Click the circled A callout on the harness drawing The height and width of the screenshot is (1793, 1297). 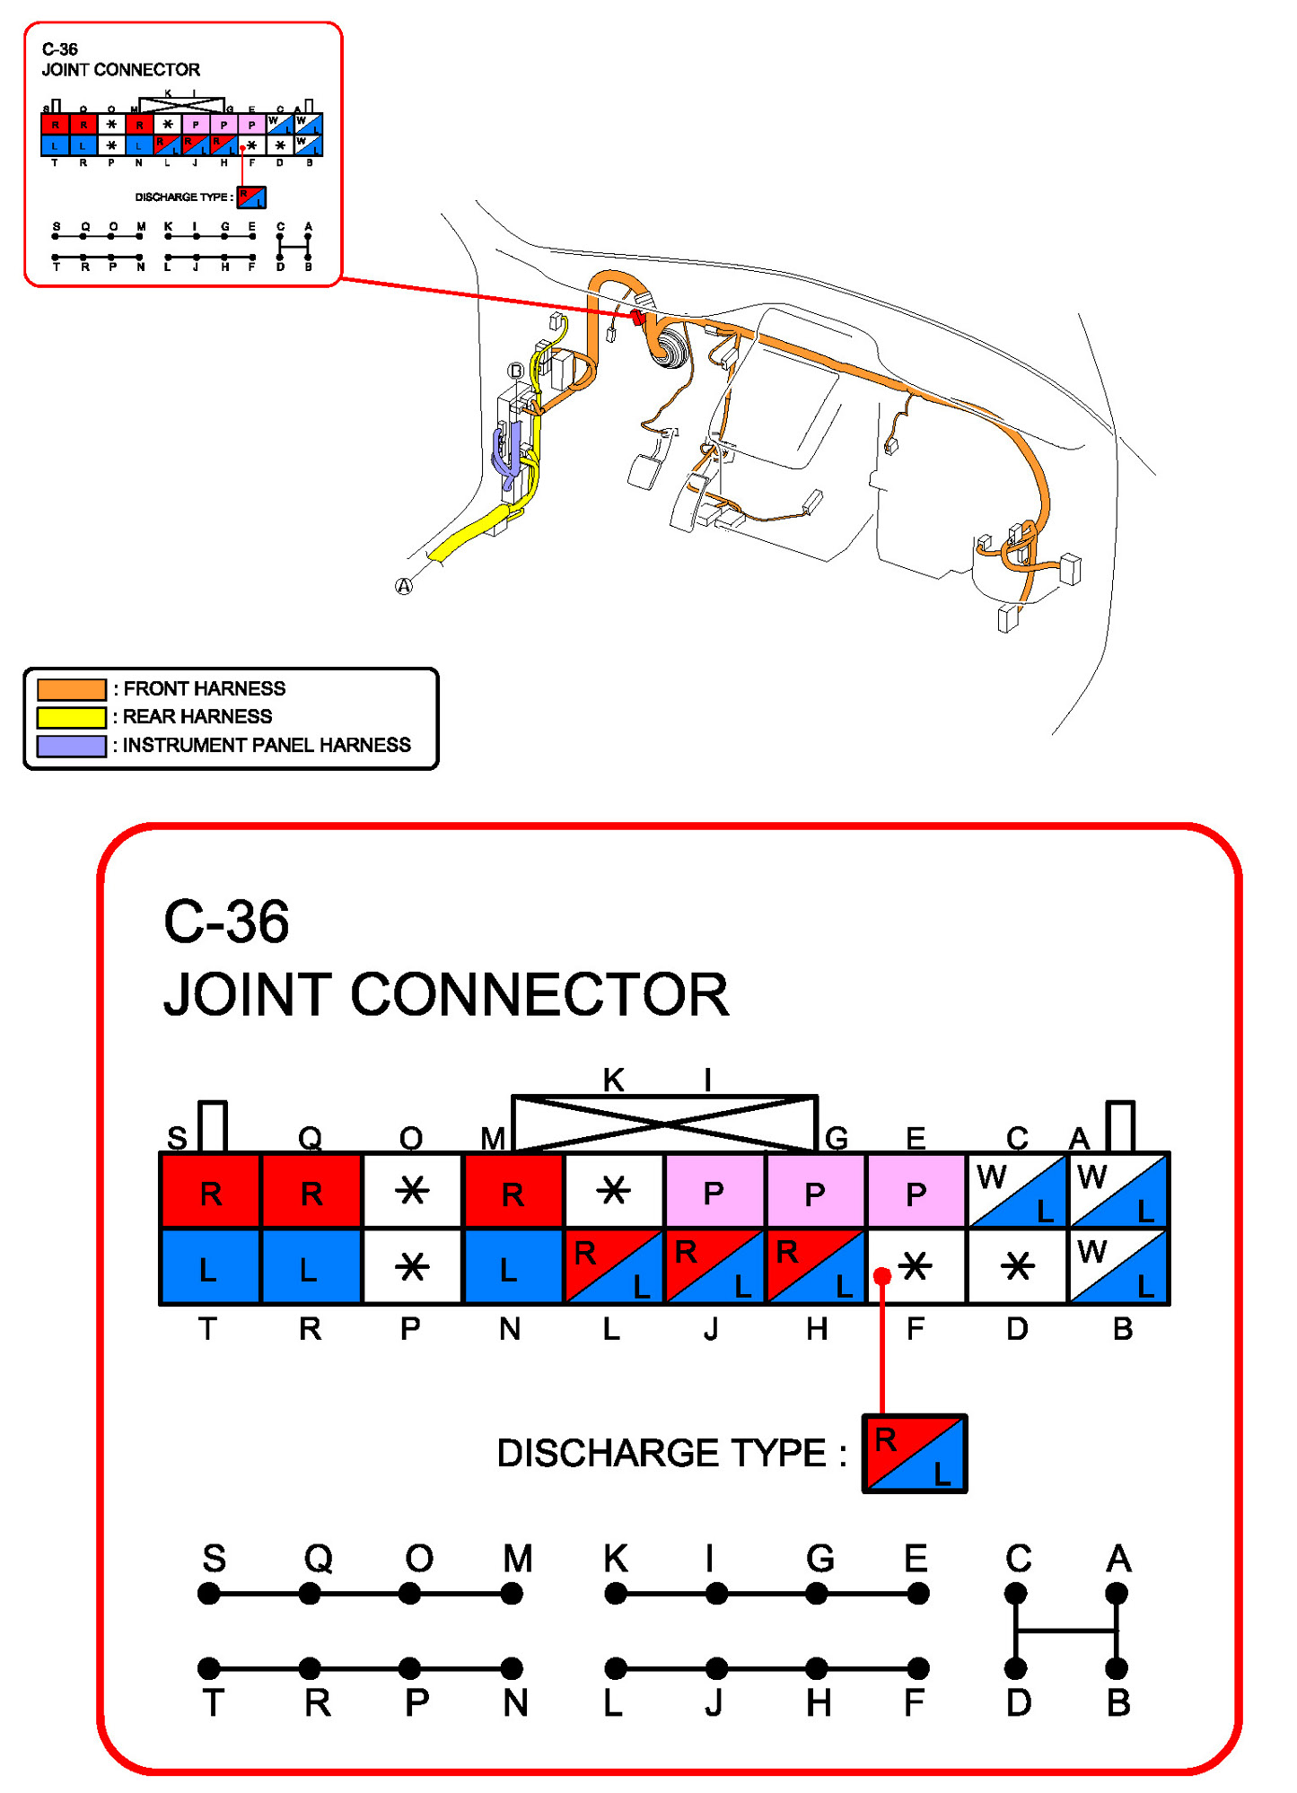(x=404, y=586)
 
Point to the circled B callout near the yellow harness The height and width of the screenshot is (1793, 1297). (x=515, y=371)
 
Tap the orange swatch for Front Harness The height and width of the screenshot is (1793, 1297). (x=72, y=689)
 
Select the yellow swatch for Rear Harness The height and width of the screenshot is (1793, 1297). (x=72, y=717)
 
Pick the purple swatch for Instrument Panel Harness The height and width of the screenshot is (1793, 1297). (x=72, y=746)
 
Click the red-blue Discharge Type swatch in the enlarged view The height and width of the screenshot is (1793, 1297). (x=914, y=1454)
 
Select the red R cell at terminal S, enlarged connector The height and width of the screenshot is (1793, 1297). (x=211, y=1192)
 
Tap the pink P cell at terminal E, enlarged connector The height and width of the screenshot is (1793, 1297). (x=916, y=1192)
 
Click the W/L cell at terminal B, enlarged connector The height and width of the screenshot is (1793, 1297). (x=1118, y=1266)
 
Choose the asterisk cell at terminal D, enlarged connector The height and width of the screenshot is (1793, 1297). (x=1017, y=1266)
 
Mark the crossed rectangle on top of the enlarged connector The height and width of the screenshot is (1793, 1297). (x=664, y=1123)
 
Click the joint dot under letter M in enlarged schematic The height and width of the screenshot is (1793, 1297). (x=512, y=1594)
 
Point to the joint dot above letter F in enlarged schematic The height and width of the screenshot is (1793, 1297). (x=917, y=1668)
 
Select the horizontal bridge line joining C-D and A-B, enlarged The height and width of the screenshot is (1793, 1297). (x=1066, y=1631)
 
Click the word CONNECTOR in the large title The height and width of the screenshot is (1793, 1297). (x=539, y=994)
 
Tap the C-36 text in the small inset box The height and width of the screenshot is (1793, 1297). (x=60, y=49)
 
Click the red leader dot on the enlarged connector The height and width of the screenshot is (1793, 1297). (x=882, y=1275)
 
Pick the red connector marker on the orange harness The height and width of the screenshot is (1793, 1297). (x=637, y=316)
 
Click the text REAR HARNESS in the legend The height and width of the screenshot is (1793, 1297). (x=197, y=717)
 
